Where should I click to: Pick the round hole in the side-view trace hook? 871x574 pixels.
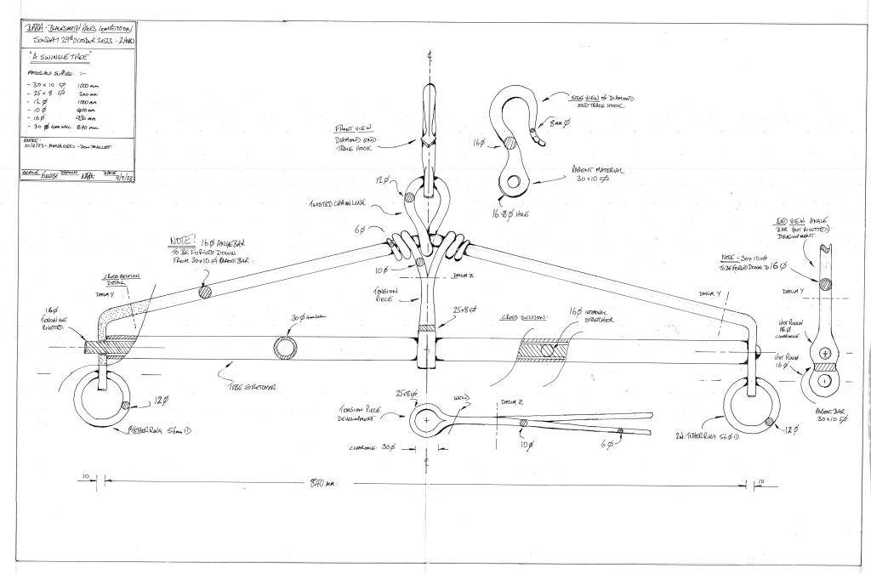click(514, 179)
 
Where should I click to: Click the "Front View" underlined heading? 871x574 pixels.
click(350, 129)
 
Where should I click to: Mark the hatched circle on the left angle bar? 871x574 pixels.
click(204, 291)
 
